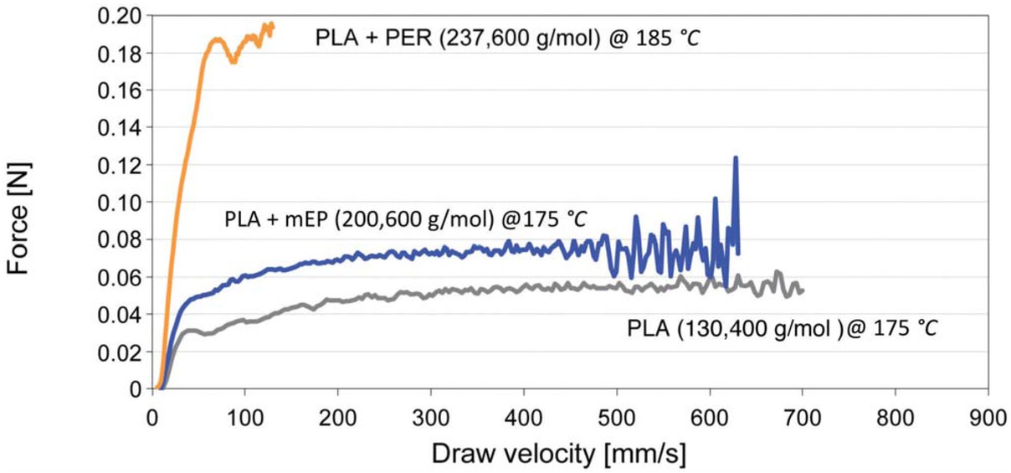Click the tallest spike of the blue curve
pyautogui.click(x=736, y=157)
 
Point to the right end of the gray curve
pyautogui.click(x=802, y=290)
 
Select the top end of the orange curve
pyautogui.click(x=271, y=24)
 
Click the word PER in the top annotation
pyautogui.click(x=395, y=39)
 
